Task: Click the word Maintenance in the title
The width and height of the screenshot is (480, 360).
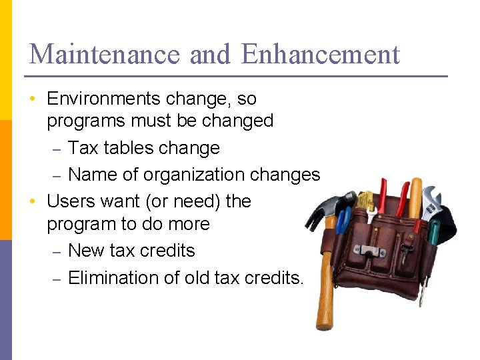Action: pos(105,54)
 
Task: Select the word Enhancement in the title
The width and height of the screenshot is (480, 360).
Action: pos(321,54)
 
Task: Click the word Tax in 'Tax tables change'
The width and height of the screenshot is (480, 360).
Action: pos(83,148)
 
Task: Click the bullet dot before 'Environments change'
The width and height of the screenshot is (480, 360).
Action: pos(32,99)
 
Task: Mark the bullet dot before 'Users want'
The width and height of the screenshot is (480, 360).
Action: pos(32,201)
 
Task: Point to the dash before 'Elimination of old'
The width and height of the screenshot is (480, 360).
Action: pos(58,279)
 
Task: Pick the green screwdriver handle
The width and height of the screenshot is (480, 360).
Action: pos(434,233)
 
